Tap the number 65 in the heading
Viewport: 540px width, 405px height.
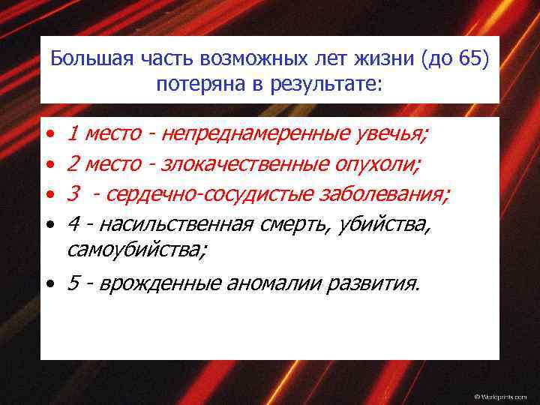[472, 58]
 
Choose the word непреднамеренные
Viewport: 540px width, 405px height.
[256, 135]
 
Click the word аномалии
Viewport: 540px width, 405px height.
[277, 284]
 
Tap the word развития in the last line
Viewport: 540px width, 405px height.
[377, 284]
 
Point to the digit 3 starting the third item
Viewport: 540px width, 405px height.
[73, 195]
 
